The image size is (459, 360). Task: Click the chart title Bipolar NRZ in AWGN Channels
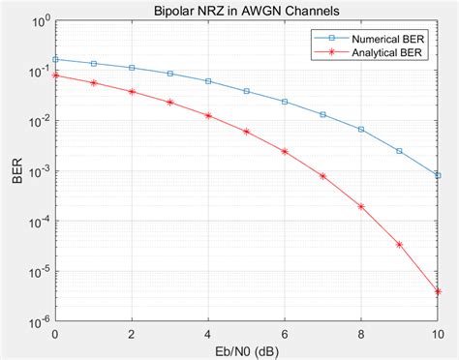point(245,10)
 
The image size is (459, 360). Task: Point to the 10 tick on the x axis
point(437,332)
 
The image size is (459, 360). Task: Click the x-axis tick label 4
point(208,332)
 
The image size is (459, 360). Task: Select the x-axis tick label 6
point(285,332)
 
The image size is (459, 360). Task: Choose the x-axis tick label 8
point(361,332)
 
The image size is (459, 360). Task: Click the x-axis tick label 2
point(132,332)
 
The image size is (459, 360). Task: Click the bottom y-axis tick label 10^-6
point(36,320)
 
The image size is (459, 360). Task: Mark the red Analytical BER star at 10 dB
point(438,290)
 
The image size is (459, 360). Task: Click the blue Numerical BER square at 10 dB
point(438,175)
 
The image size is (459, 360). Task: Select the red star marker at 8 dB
point(361,206)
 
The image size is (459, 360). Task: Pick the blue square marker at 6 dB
point(285,102)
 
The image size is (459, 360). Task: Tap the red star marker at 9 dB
point(399,244)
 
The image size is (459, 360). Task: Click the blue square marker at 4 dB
point(208,81)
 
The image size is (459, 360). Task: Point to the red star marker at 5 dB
point(246,132)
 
